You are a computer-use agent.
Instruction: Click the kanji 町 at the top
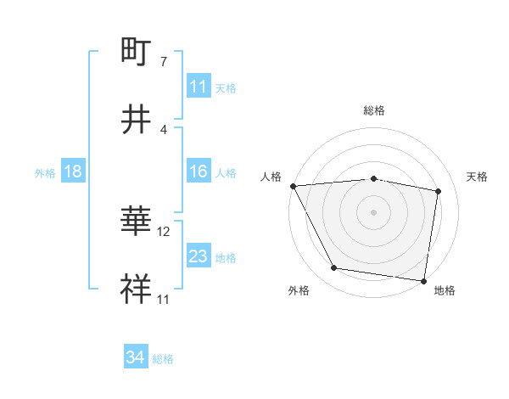[137, 52]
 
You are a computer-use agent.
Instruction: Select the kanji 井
[137, 119]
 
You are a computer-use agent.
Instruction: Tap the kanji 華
[137, 222]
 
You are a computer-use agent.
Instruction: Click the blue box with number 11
[199, 87]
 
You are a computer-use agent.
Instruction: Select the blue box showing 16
[199, 172]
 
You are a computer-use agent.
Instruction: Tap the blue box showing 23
[199, 256]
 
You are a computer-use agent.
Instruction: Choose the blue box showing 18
[73, 172]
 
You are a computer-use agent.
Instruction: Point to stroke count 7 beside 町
[163, 63]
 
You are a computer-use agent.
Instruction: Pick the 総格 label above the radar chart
[373, 110]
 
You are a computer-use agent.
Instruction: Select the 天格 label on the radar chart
[477, 177]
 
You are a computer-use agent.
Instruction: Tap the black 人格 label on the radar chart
[271, 177]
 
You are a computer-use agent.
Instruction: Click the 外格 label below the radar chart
[299, 290]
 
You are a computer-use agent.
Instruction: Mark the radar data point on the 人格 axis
[293, 185]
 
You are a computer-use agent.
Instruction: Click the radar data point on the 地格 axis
[424, 280]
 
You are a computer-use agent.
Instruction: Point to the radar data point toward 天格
[439, 191]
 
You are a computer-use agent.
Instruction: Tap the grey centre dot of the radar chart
[373, 211]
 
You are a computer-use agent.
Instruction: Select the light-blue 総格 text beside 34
[163, 359]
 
